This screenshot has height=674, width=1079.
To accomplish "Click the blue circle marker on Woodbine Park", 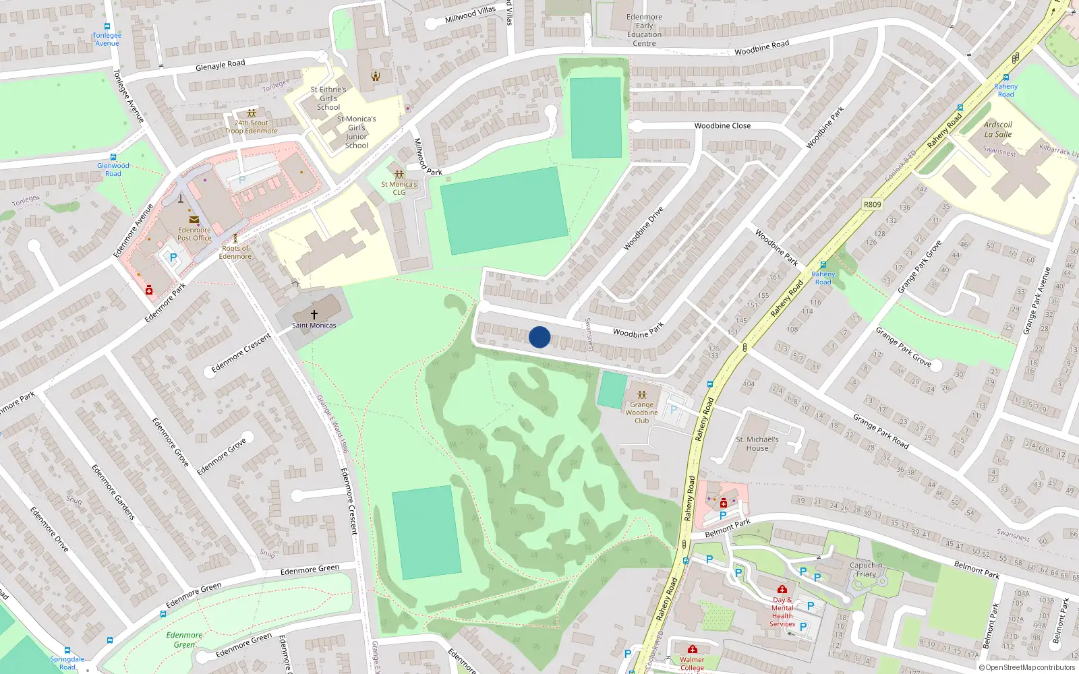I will [x=539, y=337].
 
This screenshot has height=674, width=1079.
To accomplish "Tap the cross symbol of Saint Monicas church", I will [x=314, y=314].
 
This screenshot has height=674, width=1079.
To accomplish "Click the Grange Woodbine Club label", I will [x=641, y=412].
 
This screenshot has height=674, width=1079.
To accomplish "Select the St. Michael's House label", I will [x=757, y=443].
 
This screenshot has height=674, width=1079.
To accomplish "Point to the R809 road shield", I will [x=872, y=204].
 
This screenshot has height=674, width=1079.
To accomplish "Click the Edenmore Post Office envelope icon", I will [x=194, y=220].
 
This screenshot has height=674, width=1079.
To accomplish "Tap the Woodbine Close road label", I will [x=722, y=125].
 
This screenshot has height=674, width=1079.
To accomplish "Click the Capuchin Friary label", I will [x=866, y=570].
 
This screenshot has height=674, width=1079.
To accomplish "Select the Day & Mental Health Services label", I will [x=782, y=612].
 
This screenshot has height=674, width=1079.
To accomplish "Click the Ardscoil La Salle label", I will [x=998, y=129].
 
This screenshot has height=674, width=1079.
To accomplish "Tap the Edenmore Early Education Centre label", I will [x=644, y=30].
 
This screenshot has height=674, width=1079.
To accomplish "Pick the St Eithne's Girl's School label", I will [x=328, y=98].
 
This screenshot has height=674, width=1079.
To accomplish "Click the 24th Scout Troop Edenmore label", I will [x=252, y=127].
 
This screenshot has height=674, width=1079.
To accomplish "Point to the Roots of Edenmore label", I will [x=235, y=252].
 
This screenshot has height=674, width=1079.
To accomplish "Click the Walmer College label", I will [x=692, y=663].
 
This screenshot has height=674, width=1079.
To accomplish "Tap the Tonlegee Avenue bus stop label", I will [x=107, y=39].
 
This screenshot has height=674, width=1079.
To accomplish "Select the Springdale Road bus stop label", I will [x=67, y=663].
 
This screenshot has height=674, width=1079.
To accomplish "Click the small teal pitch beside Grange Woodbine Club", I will [x=612, y=390].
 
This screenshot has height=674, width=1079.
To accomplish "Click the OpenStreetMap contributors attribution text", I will [x=1027, y=667].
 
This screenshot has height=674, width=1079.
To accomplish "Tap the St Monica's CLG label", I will [x=399, y=188].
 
